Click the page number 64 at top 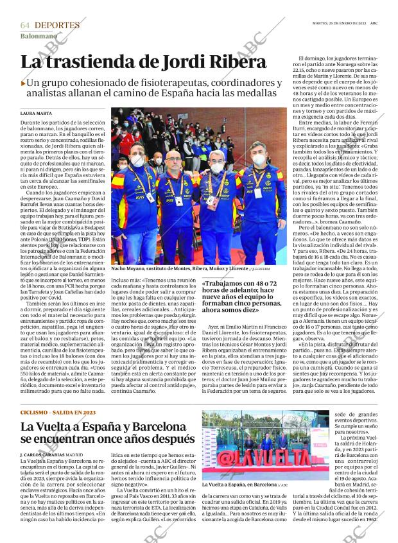[25, 25]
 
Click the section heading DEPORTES [57, 25]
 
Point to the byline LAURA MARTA [36, 113]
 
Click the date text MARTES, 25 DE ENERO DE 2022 [339, 22]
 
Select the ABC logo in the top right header [374, 22]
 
